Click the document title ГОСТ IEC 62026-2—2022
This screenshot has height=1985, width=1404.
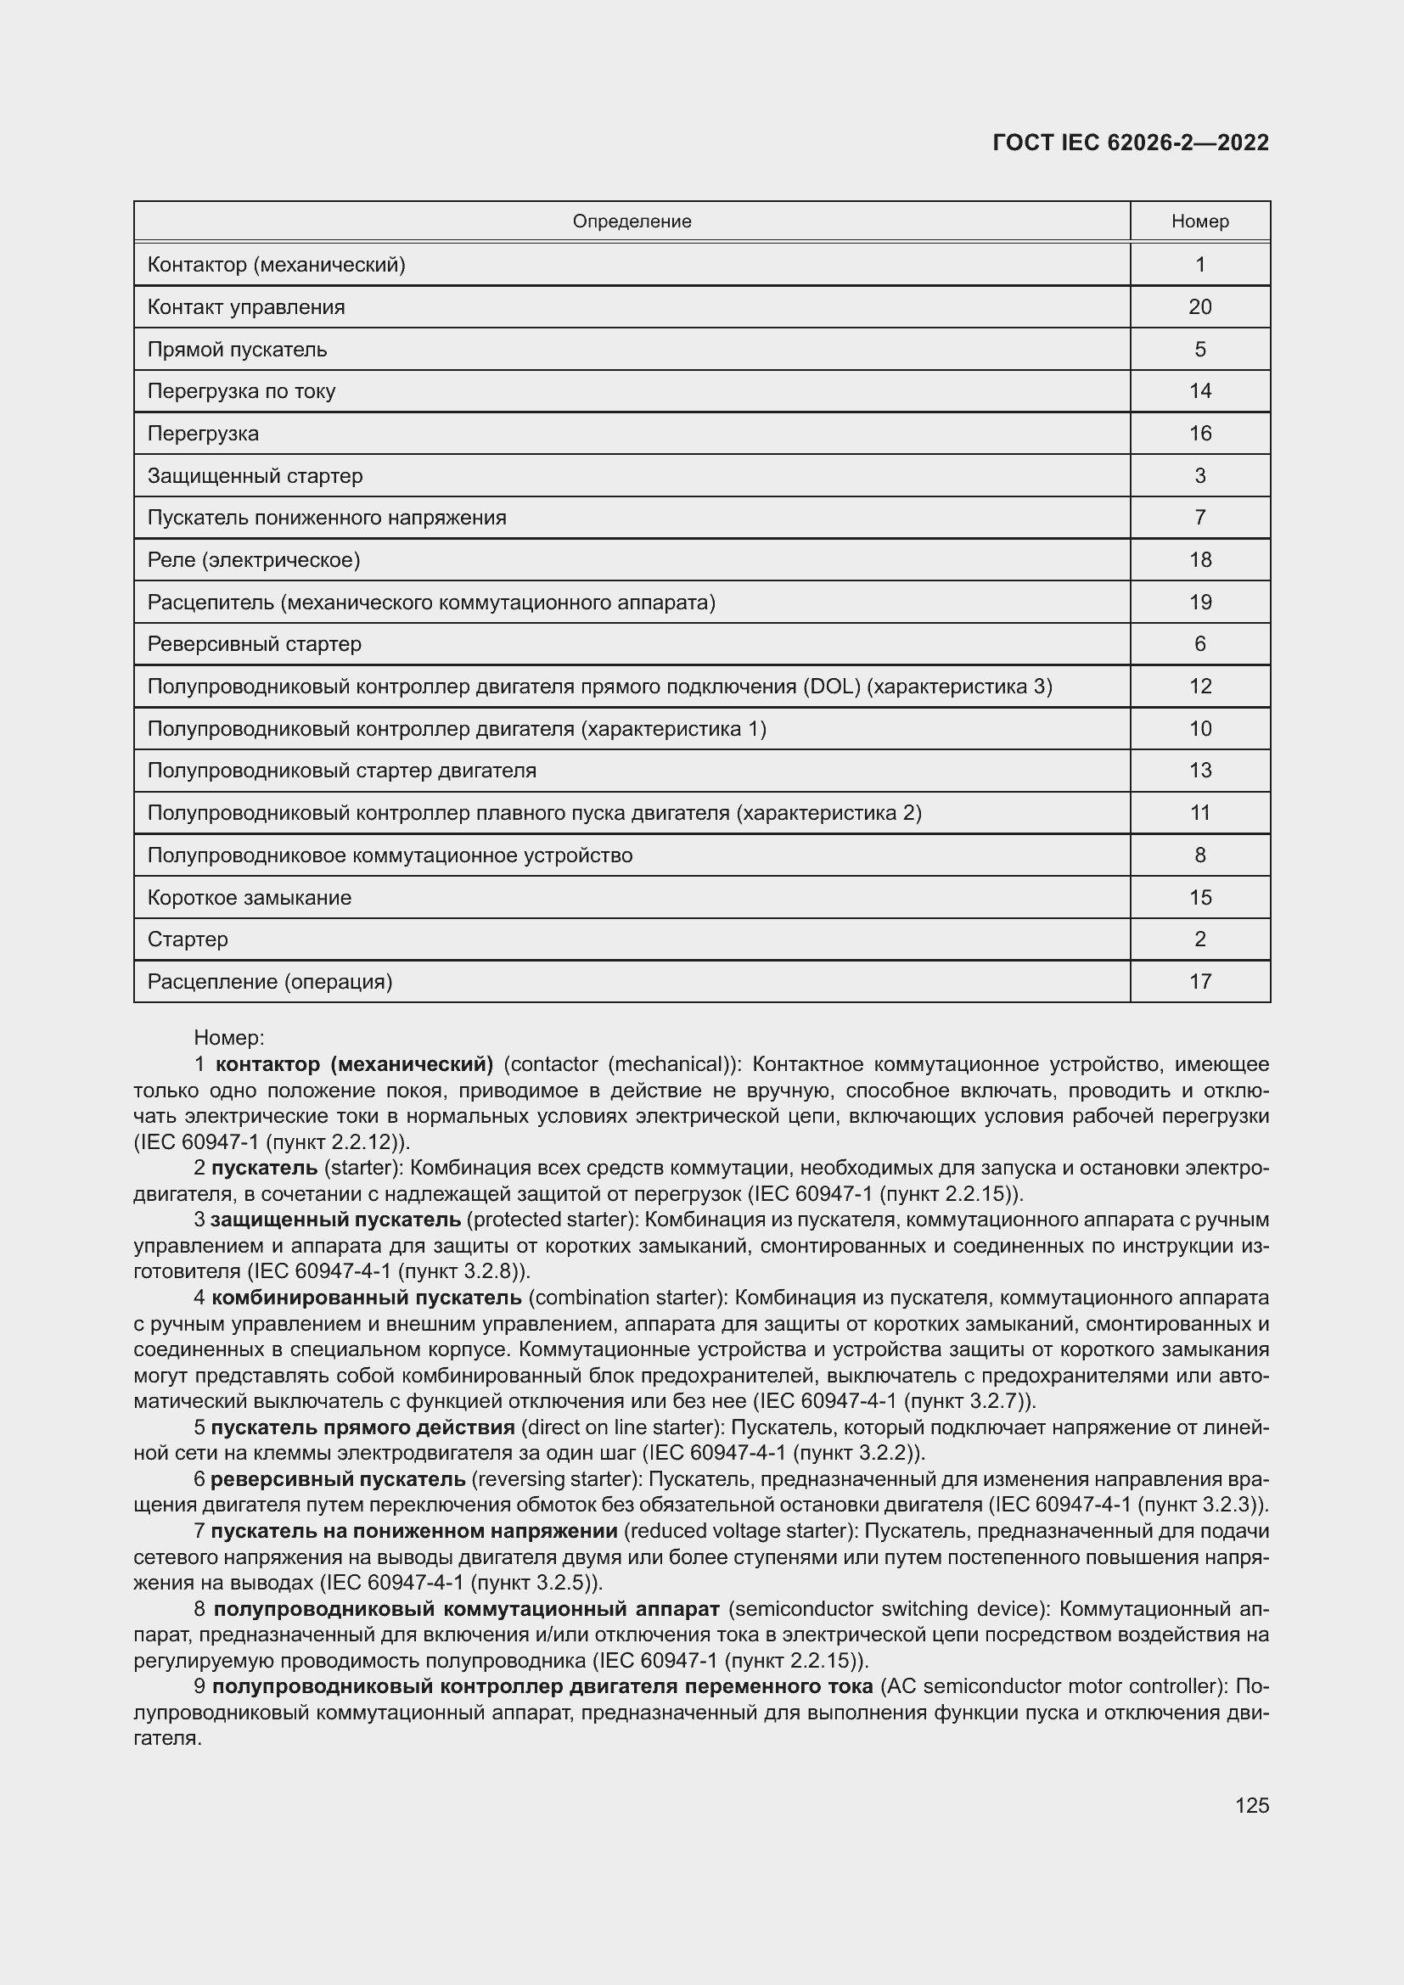coord(1131,143)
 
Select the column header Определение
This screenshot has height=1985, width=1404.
coord(632,221)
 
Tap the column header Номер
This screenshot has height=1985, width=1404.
coord(1200,221)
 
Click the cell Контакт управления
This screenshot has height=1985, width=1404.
coord(246,307)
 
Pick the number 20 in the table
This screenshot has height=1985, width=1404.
coord(1200,307)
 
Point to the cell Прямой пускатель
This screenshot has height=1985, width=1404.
coord(238,350)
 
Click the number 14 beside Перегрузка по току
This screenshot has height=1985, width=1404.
coord(1200,390)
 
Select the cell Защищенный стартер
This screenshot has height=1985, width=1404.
coord(255,475)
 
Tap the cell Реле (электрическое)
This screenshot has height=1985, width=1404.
coord(254,559)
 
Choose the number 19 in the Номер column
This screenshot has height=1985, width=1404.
coord(1200,602)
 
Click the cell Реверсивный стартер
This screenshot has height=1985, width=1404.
coord(255,644)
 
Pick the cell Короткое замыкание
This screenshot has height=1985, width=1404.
coord(250,897)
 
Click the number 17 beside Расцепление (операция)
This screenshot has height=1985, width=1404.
coord(1200,981)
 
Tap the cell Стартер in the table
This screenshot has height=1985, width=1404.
coord(188,939)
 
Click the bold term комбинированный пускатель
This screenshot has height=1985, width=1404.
coord(367,1298)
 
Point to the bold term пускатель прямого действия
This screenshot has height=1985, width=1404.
coord(363,1427)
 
